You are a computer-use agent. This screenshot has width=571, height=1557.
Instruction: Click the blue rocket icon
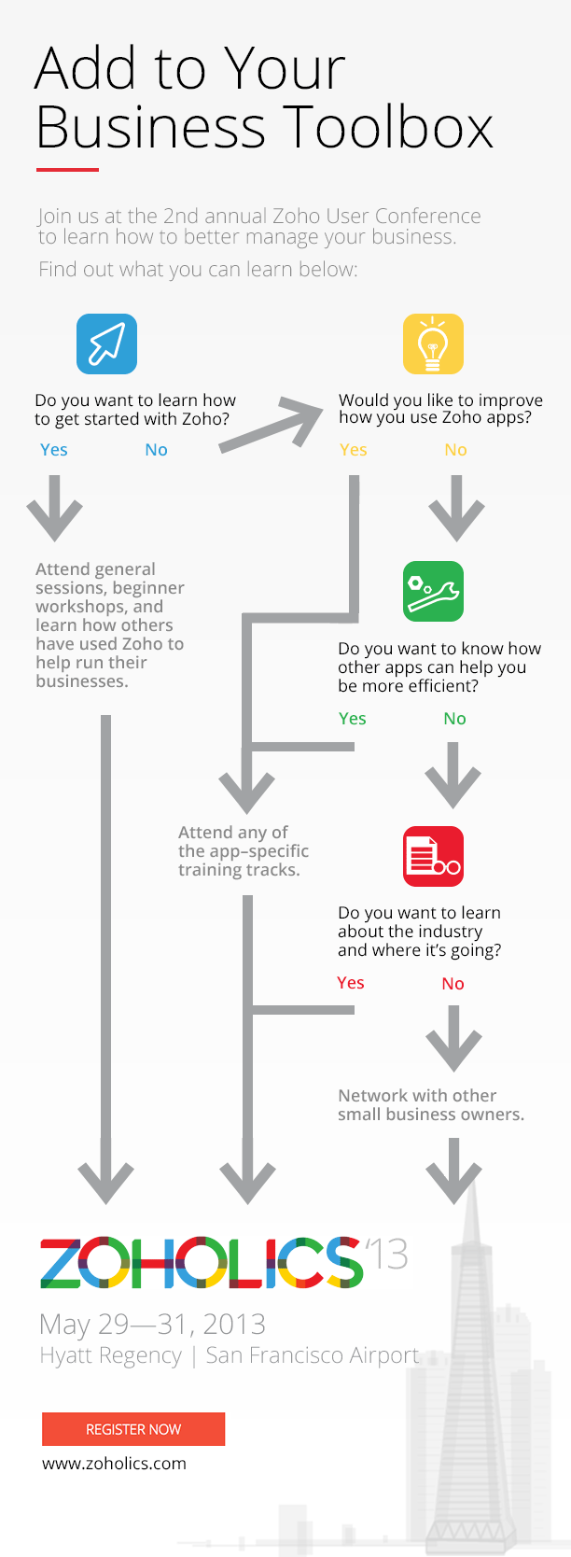(x=106, y=344)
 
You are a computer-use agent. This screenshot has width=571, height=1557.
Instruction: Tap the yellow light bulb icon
(x=433, y=344)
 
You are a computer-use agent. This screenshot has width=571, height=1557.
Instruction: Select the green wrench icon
(x=433, y=591)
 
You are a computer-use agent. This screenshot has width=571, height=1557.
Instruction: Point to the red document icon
(x=433, y=856)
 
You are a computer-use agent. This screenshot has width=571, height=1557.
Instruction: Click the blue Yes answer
(x=54, y=450)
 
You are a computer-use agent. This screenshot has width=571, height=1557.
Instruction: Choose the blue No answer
(x=156, y=450)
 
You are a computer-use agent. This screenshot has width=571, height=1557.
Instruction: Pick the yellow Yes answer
(x=353, y=450)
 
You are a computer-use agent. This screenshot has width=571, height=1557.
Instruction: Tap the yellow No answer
(x=455, y=450)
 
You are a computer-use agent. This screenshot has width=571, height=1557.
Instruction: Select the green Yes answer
(x=352, y=719)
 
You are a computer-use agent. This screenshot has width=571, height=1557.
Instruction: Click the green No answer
(x=454, y=719)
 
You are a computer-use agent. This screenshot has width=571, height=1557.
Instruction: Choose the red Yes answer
(x=351, y=983)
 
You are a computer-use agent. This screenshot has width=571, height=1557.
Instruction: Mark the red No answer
(x=453, y=984)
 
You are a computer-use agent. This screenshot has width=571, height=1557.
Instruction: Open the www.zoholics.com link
(x=114, y=1464)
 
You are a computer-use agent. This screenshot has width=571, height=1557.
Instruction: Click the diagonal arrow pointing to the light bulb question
(x=272, y=427)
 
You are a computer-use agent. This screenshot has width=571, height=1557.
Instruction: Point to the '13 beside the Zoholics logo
(x=386, y=1255)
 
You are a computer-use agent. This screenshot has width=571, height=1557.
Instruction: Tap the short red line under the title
(x=67, y=170)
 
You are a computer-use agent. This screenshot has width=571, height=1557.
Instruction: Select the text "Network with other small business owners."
(x=430, y=1105)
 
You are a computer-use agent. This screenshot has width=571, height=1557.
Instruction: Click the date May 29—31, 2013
(x=152, y=1324)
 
